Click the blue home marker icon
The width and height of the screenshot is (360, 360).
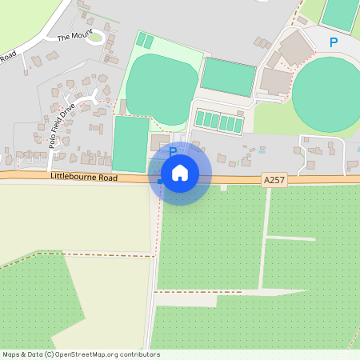(180, 173)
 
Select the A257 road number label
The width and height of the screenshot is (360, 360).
(274, 182)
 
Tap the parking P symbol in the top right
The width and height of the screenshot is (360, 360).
(334, 42)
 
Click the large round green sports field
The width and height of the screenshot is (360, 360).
(326, 94)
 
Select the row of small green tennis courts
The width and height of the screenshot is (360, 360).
(220, 122)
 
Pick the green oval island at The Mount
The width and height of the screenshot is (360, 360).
(96, 37)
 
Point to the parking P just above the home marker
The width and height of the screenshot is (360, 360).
(172, 150)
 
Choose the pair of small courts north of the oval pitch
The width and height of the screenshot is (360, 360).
(145, 41)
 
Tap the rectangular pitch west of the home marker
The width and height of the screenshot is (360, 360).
(130, 144)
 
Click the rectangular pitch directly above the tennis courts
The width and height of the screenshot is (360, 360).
(228, 77)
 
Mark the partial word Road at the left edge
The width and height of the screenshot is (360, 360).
(8, 56)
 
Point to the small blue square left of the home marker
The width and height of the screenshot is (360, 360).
(159, 182)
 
